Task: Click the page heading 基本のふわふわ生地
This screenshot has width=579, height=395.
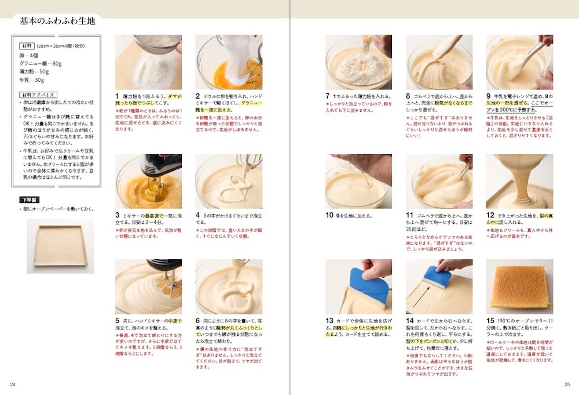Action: [57, 21]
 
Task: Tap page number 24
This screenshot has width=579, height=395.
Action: [13, 384]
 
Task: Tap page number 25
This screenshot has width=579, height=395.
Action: [567, 384]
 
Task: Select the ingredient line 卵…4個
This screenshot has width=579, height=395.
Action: [29, 56]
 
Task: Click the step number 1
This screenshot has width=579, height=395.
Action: [117, 96]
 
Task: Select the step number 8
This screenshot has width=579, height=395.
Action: [408, 96]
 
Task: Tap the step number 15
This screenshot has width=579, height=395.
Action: [490, 320]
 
